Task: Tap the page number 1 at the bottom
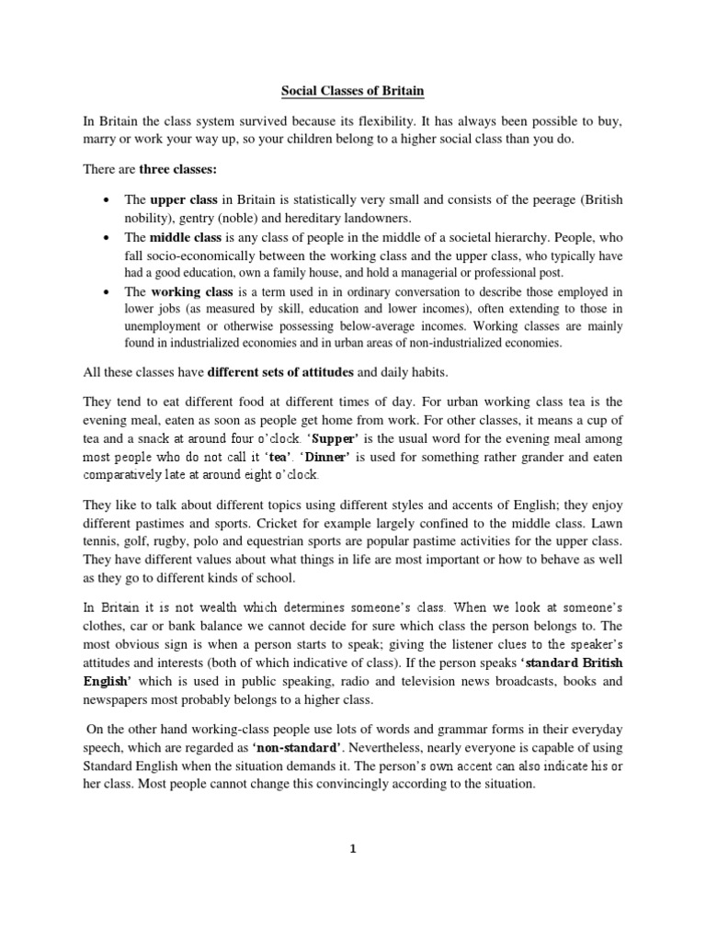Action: (x=353, y=848)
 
